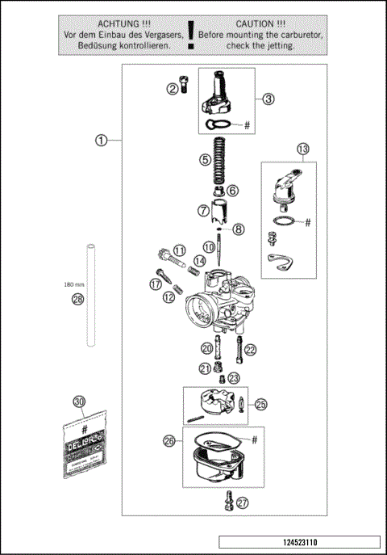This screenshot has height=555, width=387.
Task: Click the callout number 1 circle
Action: point(101,140)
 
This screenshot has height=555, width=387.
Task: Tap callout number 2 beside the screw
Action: point(173,89)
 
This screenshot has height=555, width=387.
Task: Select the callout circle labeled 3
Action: point(268,99)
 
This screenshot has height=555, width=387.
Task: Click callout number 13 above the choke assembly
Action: point(302,149)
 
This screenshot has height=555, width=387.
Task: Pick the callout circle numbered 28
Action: point(77,300)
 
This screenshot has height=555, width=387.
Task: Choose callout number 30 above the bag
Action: point(78,402)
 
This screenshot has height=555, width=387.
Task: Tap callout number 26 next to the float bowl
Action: point(169,441)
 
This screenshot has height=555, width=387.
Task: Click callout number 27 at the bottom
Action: point(243,502)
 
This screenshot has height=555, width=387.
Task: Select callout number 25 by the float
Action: point(260,403)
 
